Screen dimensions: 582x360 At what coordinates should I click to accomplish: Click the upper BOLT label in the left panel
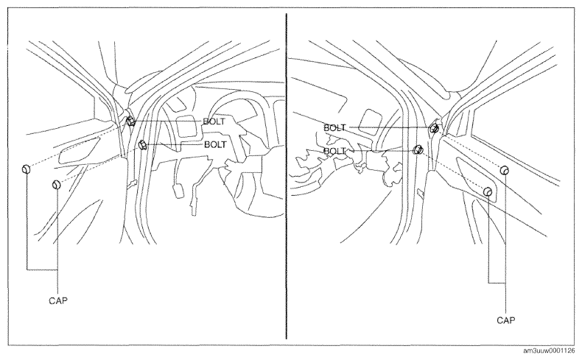click(214, 121)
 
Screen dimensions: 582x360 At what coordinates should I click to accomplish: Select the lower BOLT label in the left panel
click(215, 144)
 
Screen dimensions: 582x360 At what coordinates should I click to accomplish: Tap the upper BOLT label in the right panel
click(334, 128)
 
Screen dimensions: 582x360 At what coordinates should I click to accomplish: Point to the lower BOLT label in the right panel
click(334, 151)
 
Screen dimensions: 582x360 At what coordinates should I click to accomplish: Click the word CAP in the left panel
click(58, 300)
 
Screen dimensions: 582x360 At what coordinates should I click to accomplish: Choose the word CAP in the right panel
click(506, 320)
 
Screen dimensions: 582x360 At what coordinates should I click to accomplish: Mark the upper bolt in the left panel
click(130, 121)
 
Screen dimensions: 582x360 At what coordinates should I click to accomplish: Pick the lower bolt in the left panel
click(142, 144)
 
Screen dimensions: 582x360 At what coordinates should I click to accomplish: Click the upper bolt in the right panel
click(434, 128)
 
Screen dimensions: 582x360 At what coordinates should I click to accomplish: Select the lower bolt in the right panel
click(418, 149)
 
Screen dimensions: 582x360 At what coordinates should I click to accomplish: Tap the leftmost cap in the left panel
click(26, 169)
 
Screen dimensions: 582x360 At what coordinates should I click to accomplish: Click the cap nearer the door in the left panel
click(56, 184)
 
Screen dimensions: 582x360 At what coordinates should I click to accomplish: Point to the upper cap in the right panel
click(504, 170)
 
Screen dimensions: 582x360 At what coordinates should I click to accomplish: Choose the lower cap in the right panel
click(488, 191)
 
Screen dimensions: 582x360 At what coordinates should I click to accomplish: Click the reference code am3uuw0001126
click(549, 351)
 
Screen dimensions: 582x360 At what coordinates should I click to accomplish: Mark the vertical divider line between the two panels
click(286, 176)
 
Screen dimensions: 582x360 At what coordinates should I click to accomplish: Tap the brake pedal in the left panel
click(178, 191)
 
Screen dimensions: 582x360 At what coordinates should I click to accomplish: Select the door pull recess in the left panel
click(80, 150)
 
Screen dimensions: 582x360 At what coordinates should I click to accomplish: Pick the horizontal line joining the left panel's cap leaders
click(42, 269)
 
